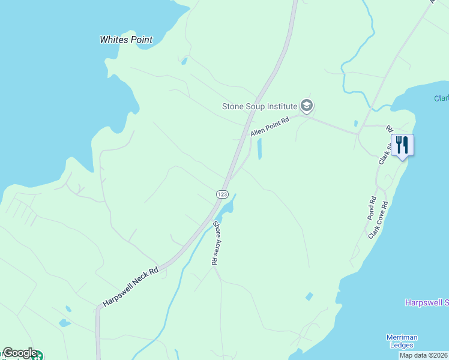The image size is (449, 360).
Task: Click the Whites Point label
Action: [126, 40]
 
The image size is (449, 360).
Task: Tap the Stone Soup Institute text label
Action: [259, 106]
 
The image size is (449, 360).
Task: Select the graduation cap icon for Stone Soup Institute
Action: [307, 106]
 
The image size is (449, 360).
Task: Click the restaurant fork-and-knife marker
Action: [402, 145]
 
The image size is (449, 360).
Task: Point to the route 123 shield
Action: [222, 194]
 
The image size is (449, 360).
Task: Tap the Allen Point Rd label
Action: [270, 127]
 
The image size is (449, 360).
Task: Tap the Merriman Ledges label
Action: [401, 341]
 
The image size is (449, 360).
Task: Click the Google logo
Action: [20, 353]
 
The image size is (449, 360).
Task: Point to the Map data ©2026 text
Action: [423, 355]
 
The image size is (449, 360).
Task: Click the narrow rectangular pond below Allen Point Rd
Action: [260, 149]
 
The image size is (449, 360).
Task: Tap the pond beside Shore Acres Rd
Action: [228, 208]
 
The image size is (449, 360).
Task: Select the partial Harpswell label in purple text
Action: [426, 302]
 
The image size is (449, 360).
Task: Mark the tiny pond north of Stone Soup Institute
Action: [184, 61]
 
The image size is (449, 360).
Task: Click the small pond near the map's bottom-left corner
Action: [64, 323]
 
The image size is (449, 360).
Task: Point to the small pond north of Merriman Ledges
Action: [309, 296]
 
